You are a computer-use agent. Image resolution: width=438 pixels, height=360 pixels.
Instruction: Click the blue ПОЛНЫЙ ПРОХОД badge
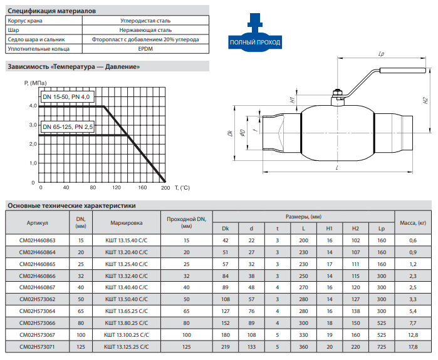[255, 42]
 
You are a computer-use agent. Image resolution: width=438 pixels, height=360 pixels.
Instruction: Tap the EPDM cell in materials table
[145, 49]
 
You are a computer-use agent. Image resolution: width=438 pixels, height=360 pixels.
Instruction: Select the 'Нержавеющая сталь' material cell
[145, 30]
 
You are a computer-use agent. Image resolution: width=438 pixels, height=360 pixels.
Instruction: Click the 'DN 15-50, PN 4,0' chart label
[66, 97]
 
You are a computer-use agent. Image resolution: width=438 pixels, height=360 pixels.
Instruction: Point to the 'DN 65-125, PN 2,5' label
[68, 126]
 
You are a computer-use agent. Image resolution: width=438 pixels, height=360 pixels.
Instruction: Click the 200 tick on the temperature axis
[165, 188]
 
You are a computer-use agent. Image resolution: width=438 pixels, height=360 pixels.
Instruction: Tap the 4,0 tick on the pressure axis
[33, 106]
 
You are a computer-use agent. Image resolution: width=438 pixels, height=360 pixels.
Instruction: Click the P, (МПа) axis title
[36, 83]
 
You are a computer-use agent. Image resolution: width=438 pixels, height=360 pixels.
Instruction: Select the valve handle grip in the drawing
[402, 70]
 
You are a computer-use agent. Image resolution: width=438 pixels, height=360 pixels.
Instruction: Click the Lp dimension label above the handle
[381, 54]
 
